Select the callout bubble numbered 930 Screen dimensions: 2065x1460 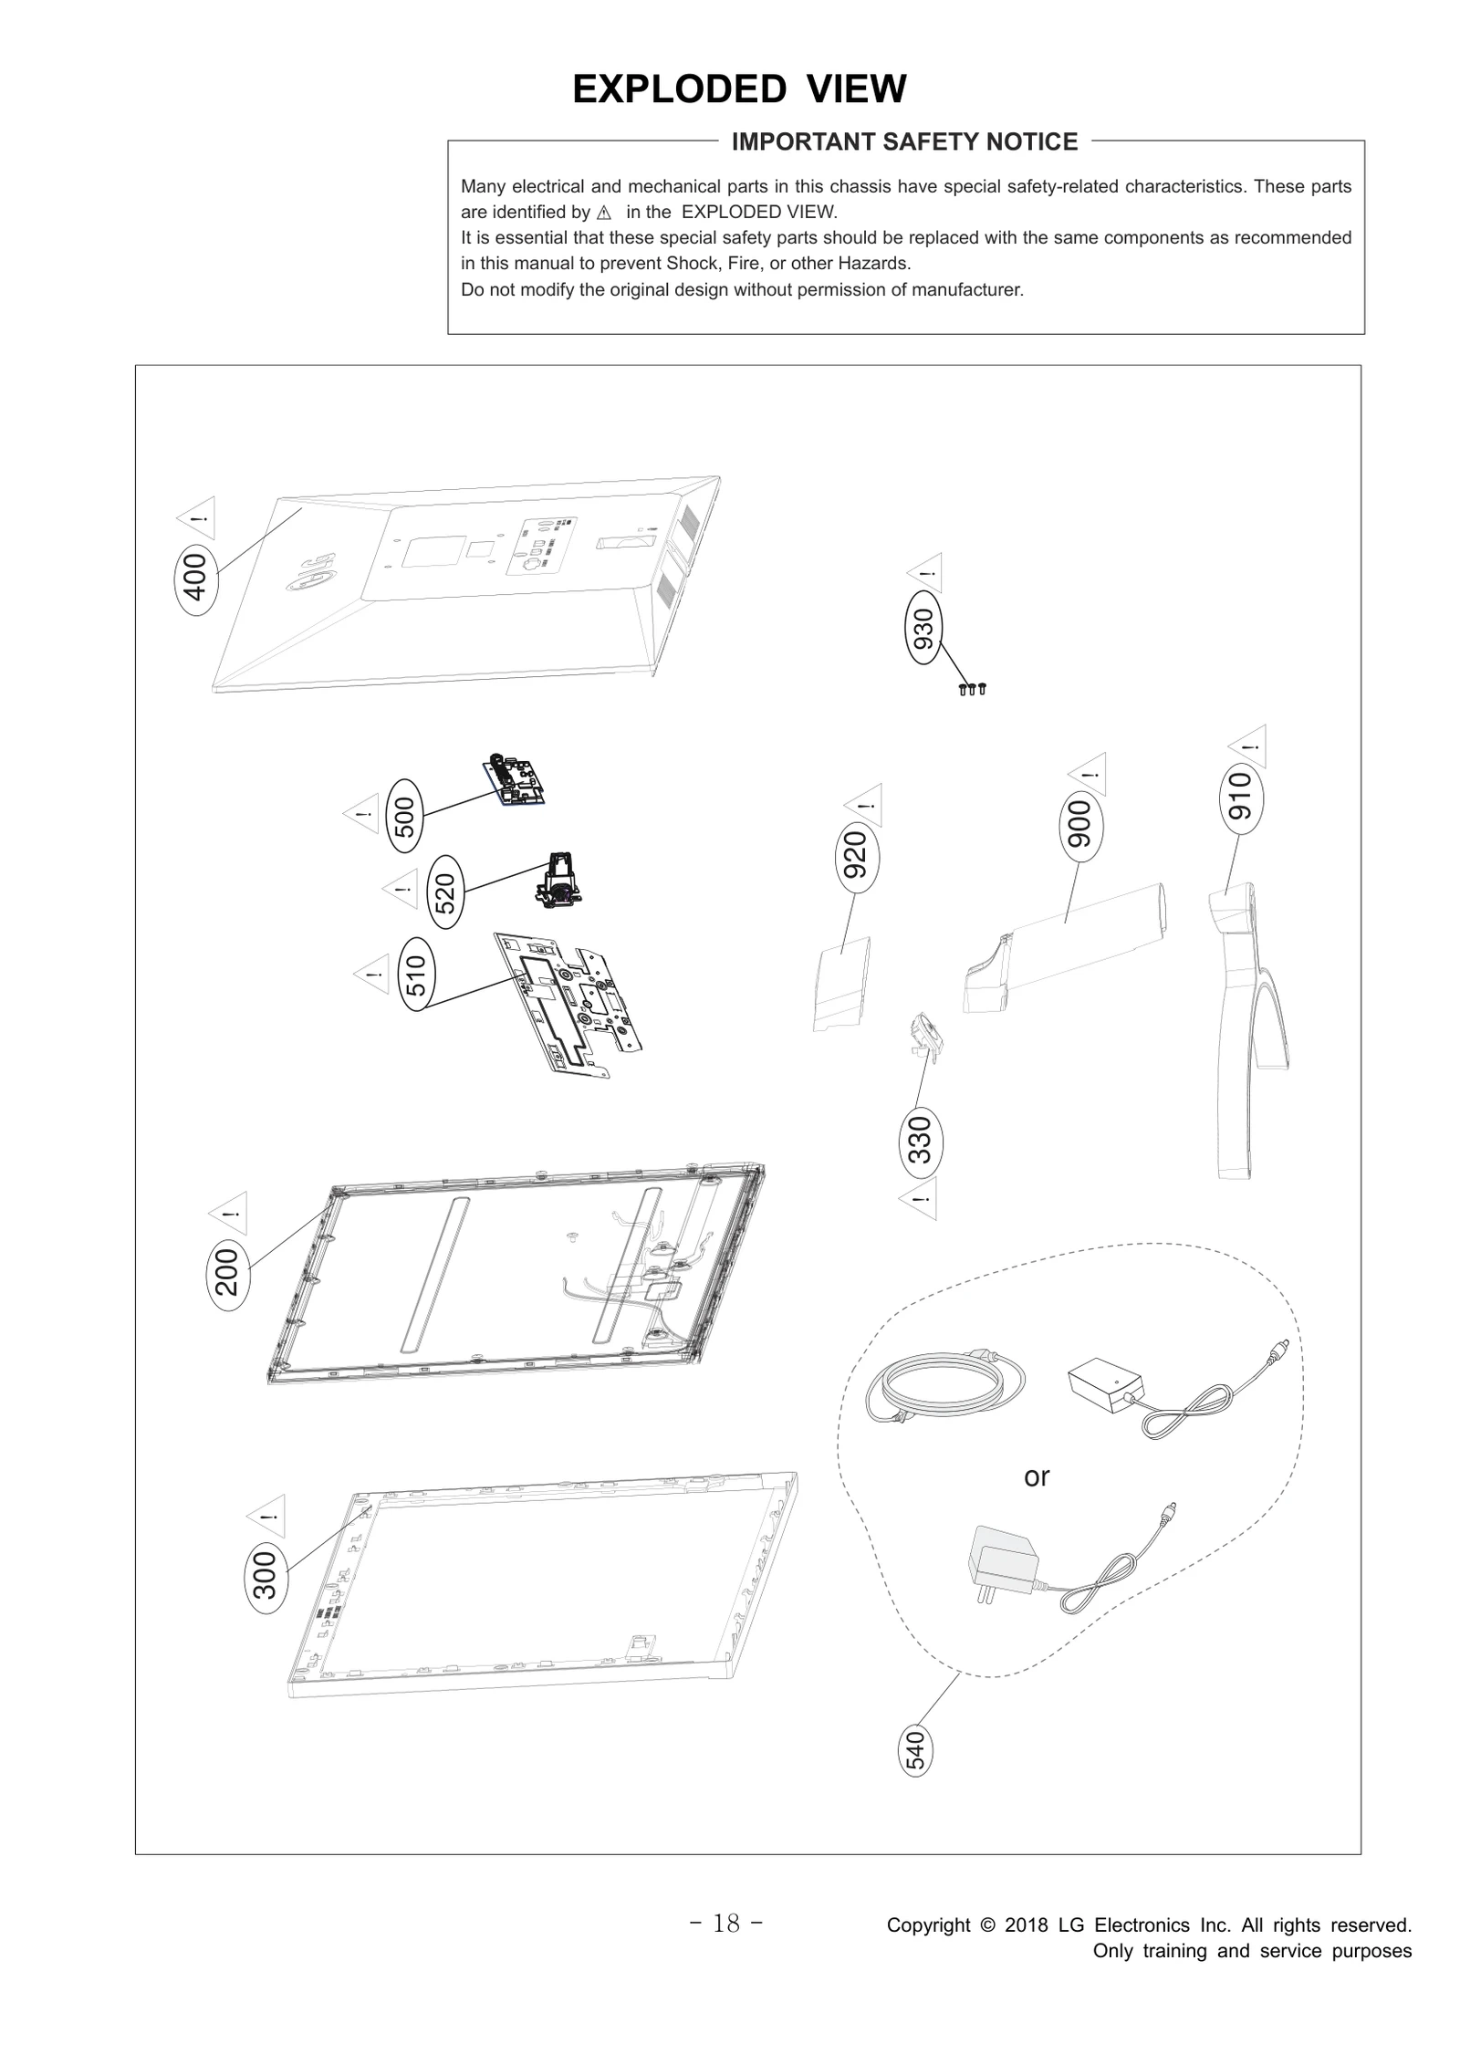[x=923, y=629]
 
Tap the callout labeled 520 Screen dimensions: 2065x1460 [x=444, y=892]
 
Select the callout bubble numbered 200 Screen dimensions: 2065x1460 [x=226, y=1273]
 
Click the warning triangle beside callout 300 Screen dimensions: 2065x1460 [x=267, y=1517]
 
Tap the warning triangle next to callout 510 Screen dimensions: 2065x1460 [x=372, y=975]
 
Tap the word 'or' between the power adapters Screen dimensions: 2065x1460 [x=1037, y=1476]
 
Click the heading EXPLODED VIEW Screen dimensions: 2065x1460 [x=739, y=89]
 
